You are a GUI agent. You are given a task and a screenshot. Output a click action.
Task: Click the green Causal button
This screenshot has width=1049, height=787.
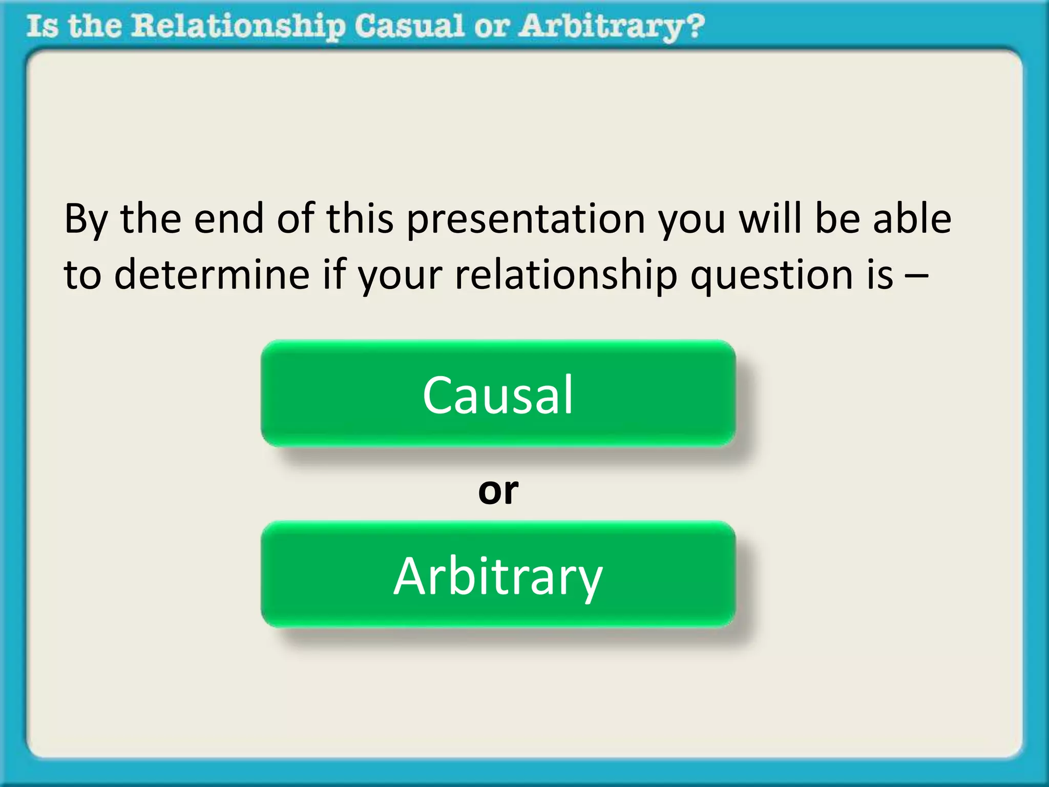498,393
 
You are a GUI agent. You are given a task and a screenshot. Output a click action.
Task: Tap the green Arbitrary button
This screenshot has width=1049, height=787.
498,575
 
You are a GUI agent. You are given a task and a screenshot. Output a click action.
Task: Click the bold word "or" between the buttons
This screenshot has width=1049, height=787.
498,490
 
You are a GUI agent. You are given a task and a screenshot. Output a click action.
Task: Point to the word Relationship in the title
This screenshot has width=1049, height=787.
238,27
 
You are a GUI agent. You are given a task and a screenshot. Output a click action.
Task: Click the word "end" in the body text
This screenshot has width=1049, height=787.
229,218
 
